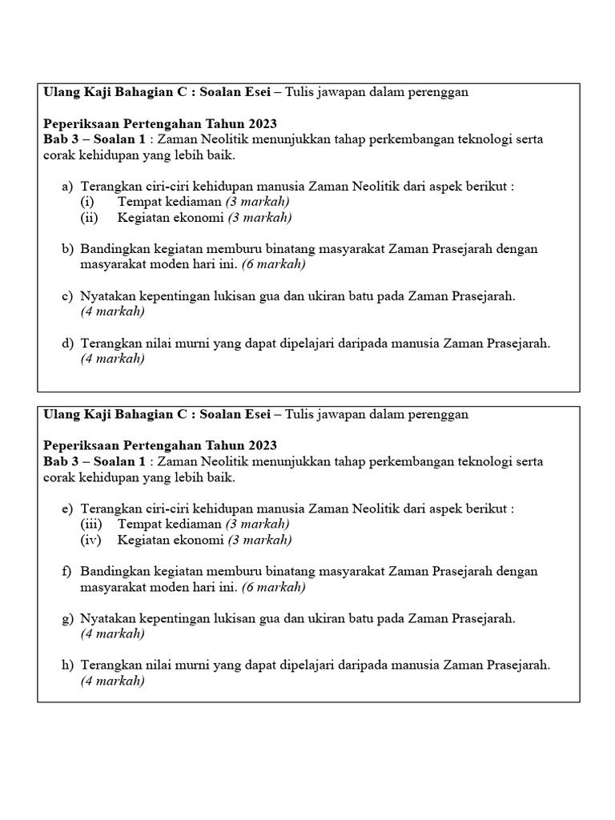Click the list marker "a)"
pyautogui.click(x=68, y=187)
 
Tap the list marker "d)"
pyautogui.click(x=68, y=344)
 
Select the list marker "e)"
pyautogui.click(x=68, y=509)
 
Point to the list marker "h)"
pyautogui.click(x=68, y=665)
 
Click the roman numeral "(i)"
pyautogui.click(x=87, y=202)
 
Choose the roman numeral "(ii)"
pyautogui.click(x=89, y=217)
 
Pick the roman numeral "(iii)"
pyautogui.click(x=91, y=525)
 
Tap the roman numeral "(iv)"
pyautogui.click(x=90, y=540)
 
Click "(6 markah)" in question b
pyautogui.click(x=273, y=263)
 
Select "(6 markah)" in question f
pyautogui.click(x=273, y=587)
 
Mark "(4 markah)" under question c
pyautogui.click(x=112, y=312)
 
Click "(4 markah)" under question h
pyautogui.click(x=112, y=681)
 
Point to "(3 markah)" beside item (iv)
pyautogui.click(x=259, y=540)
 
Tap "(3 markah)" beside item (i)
pyautogui.click(x=257, y=202)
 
